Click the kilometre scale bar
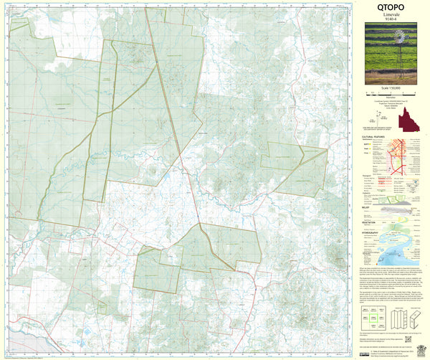[x=390, y=93]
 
